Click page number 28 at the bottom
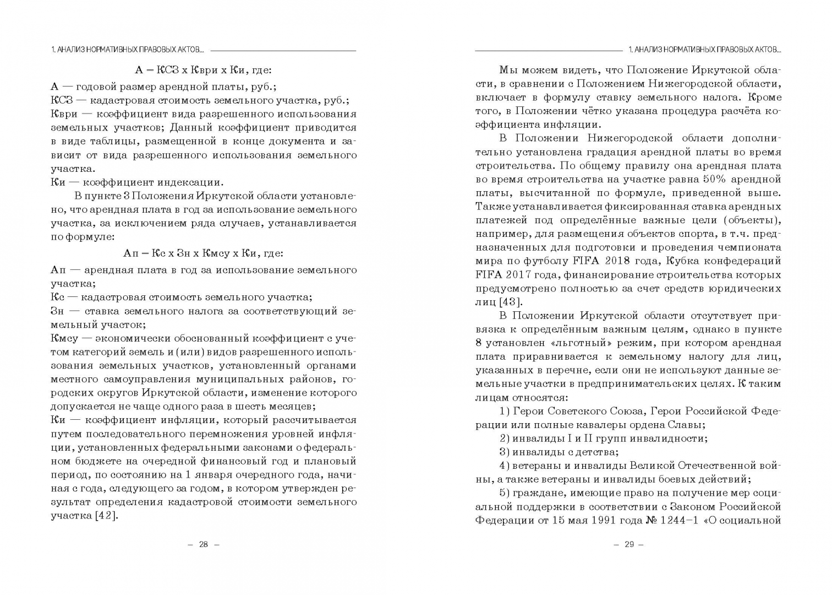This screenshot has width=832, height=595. tap(204, 544)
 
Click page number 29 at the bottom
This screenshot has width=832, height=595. tap(629, 544)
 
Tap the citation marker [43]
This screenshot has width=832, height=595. tap(511, 302)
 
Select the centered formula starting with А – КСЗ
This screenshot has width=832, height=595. tap(204, 70)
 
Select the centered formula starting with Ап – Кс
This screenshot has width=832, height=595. tap(204, 253)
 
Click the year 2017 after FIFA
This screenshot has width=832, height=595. tap(516, 275)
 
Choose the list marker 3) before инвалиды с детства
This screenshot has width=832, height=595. tap(505, 452)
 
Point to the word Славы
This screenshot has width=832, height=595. tap(685, 425)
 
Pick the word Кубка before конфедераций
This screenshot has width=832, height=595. tap(687, 261)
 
